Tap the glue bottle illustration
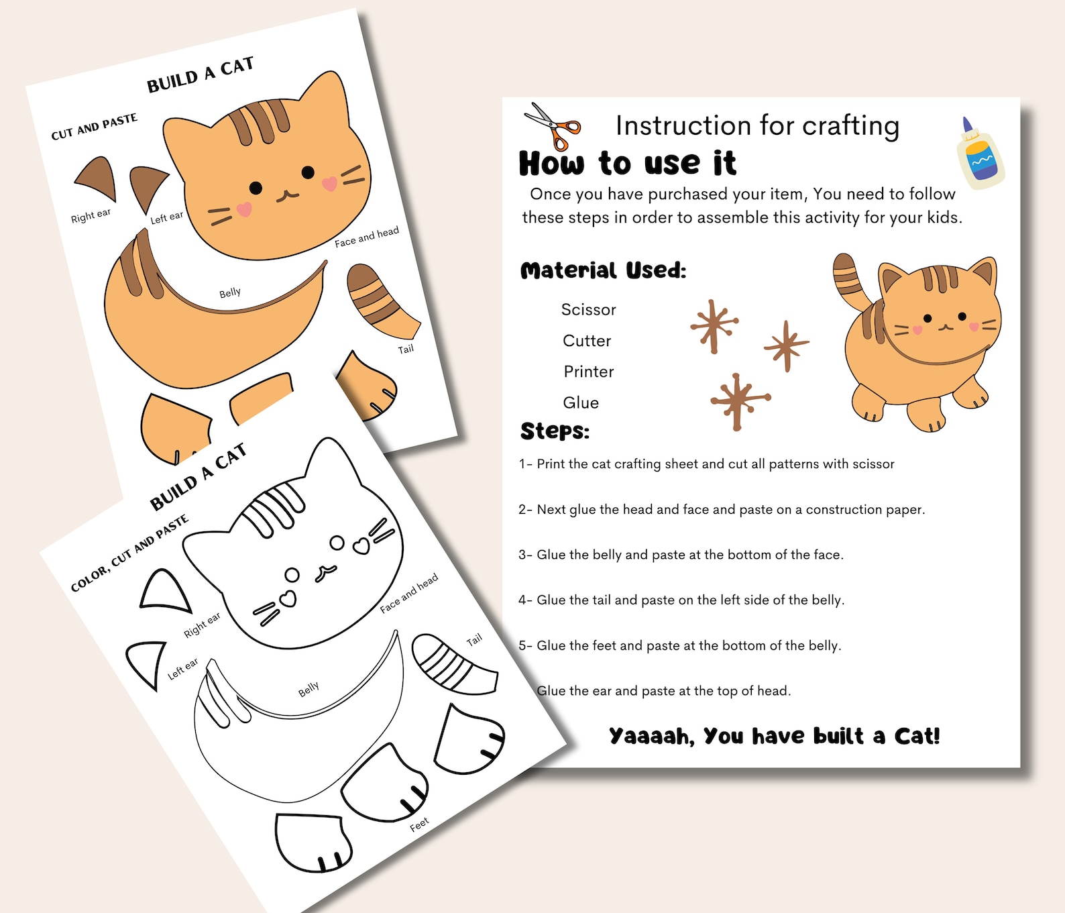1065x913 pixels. click(x=980, y=154)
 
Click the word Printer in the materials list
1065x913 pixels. click(x=588, y=372)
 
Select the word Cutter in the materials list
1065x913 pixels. click(x=587, y=341)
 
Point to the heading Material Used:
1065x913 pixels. click(x=603, y=270)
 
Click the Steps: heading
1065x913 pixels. click(x=555, y=431)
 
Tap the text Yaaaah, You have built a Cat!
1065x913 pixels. click(x=774, y=736)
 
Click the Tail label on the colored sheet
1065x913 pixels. click(x=406, y=350)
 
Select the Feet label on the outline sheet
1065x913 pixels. click(x=419, y=824)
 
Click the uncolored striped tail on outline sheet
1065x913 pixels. click(x=453, y=664)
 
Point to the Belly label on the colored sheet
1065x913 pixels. click(x=229, y=292)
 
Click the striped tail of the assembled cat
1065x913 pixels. click(x=850, y=282)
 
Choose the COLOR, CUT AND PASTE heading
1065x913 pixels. click(x=129, y=554)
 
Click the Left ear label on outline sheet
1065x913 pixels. click(x=182, y=668)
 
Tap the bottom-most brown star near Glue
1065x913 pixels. click(x=738, y=400)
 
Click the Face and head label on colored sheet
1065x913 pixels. click(x=366, y=237)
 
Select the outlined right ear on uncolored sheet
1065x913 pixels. click(x=164, y=592)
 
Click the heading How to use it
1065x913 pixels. click(x=627, y=163)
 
